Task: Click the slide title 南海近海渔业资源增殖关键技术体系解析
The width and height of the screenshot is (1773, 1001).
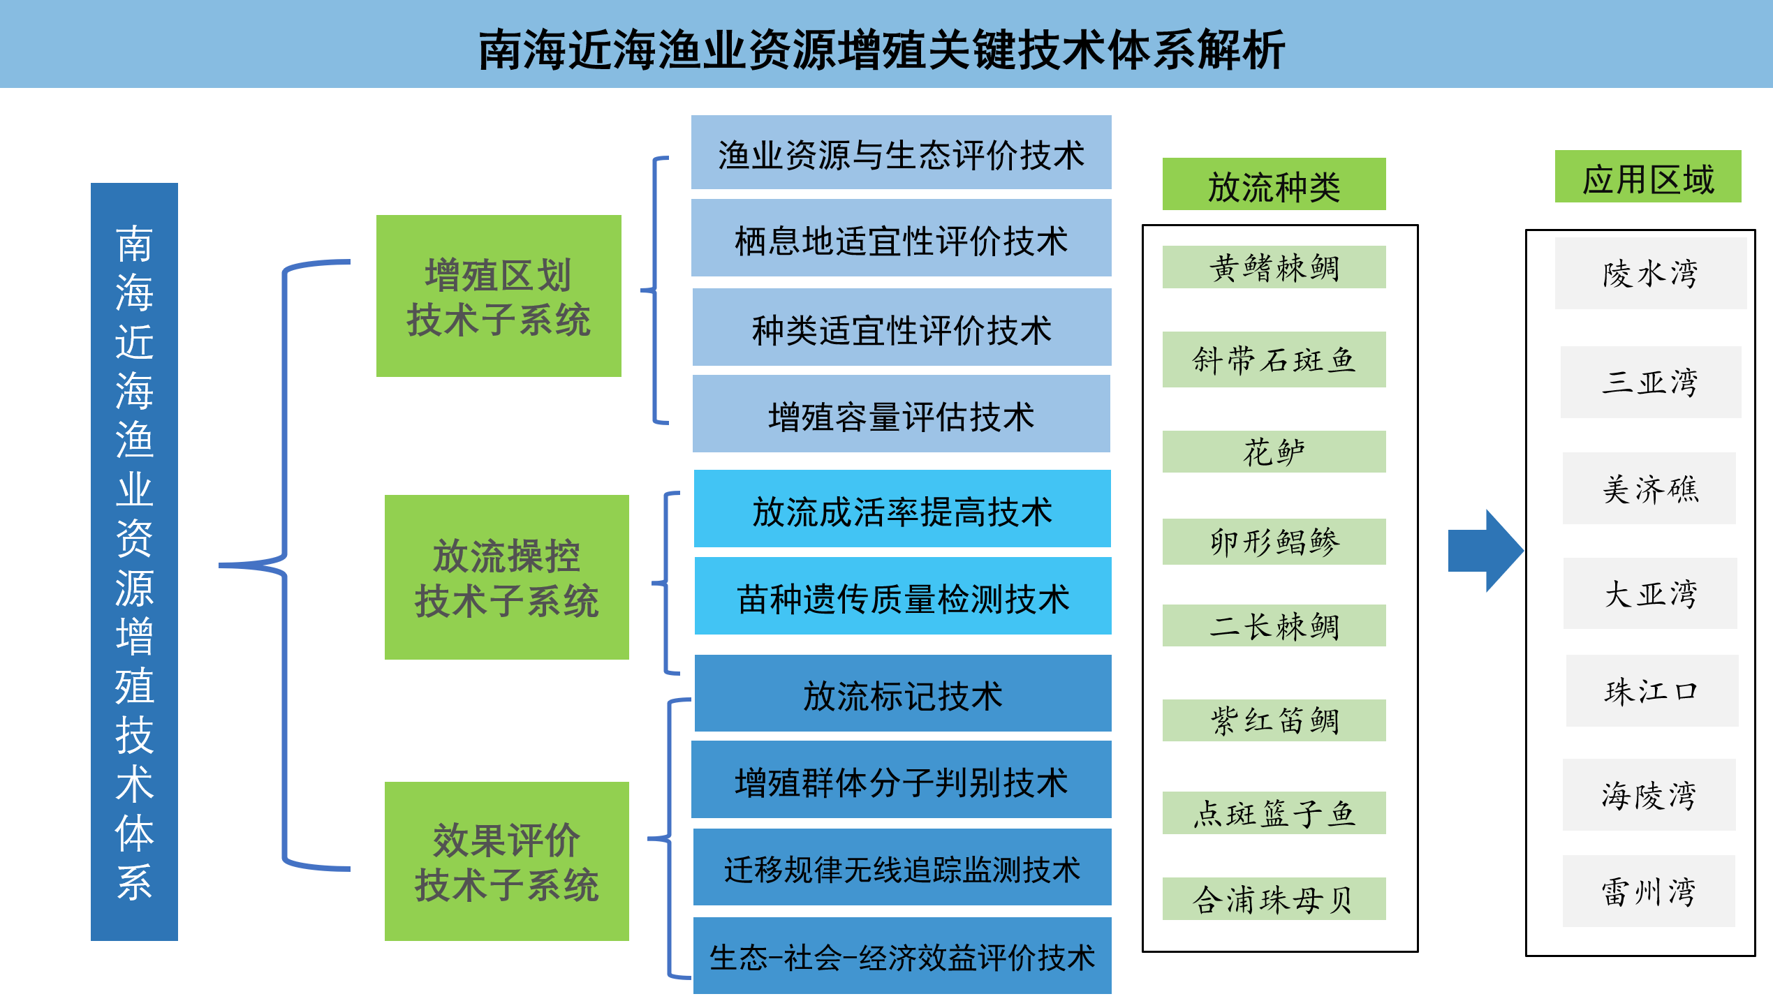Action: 881,50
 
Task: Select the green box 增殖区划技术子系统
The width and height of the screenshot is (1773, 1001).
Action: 499,296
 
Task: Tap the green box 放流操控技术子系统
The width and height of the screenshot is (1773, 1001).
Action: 507,577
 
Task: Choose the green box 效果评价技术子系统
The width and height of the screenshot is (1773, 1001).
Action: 507,861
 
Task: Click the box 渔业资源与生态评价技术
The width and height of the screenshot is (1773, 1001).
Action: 902,152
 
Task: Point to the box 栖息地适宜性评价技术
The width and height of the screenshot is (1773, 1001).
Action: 902,238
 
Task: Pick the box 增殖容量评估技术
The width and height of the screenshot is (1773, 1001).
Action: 902,414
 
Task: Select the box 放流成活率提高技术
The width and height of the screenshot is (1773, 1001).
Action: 902,509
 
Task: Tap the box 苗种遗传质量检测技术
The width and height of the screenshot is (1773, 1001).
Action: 903,596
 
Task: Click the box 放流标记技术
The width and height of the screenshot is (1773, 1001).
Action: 903,693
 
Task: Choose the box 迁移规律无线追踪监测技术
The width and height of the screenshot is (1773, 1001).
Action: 902,867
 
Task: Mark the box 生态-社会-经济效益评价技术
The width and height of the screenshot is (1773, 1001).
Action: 902,956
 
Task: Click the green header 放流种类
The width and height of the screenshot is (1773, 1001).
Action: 1274,184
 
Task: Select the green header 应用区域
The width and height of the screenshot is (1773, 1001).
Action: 1648,177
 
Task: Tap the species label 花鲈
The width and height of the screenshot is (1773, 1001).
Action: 1274,452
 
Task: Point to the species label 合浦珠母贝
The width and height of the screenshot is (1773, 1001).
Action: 1274,899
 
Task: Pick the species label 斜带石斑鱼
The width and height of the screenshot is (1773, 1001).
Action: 1274,359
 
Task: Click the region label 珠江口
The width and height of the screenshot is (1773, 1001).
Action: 1652,691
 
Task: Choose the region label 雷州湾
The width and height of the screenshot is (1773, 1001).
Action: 1649,891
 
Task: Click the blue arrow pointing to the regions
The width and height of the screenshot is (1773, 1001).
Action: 1485,551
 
